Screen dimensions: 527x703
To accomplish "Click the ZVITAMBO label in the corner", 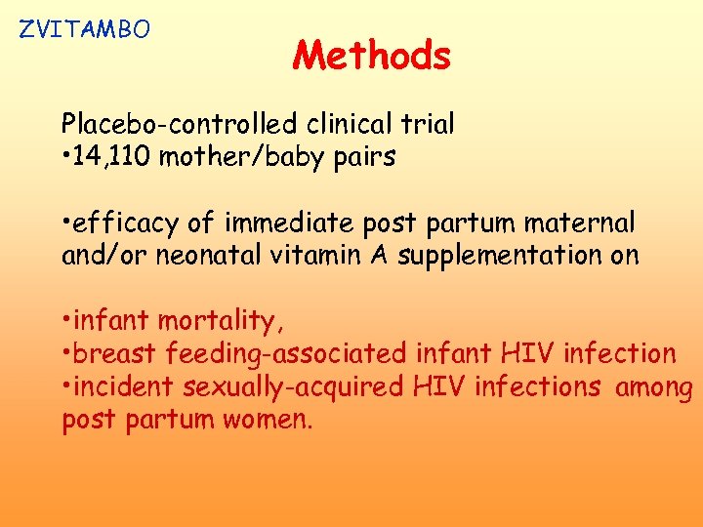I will (85, 29).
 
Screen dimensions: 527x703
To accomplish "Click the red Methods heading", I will (371, 56).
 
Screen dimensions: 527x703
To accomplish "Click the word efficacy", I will (128, 223).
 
